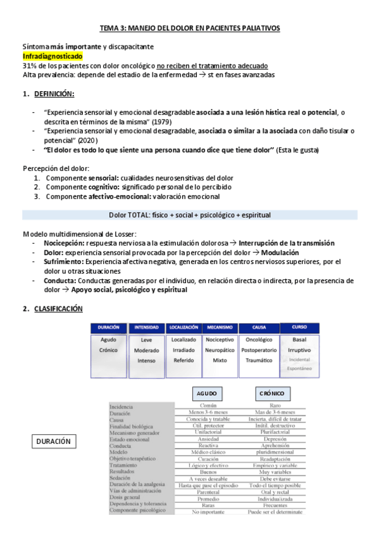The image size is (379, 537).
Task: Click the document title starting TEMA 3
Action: click(x=190, y=28)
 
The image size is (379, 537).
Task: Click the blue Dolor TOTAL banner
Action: click(x=190, y=215)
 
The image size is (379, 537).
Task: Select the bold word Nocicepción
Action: click(x=64, y=243)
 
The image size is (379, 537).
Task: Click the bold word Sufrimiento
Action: click(x=64, y=262)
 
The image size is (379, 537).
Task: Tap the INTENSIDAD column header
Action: click(x=147, y=327)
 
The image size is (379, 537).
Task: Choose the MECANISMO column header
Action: click(x=220, y=327)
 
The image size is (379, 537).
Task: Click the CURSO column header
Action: click(x=299, y=327)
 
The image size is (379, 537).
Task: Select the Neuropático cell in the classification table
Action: click(x=220, y=350)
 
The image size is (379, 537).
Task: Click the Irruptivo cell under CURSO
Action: click(x=299, y=350)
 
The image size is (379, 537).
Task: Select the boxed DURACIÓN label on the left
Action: click(x=53, y=441)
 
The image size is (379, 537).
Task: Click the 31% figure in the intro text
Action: click(x=30, y=66)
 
